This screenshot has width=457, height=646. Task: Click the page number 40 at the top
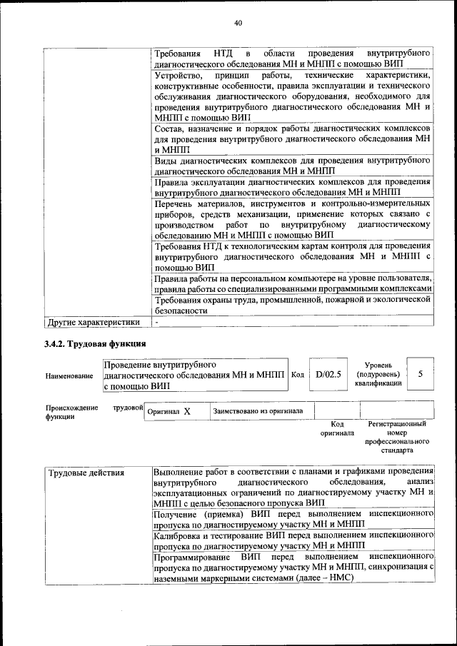(x=238, y=23)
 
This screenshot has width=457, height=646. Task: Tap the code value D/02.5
(x=328, y=374)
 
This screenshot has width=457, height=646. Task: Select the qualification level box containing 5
(x=421, y=373)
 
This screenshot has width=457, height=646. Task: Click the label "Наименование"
(x=69, y=375)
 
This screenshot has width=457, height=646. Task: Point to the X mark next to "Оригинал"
(x=187, y=412)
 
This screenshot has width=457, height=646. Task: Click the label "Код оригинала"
(x=337, y=428)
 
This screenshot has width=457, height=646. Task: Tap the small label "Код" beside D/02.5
(x=298, y=374)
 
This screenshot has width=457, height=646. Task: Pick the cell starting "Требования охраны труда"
(x=293, y=306)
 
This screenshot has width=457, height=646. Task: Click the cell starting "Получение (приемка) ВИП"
(x=293, y=519)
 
